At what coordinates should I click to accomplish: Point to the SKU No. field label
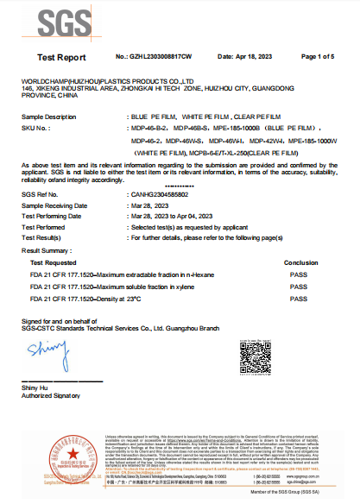(35, 126)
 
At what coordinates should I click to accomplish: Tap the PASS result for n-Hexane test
(299, 274)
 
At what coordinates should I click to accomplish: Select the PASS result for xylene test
(299, 287)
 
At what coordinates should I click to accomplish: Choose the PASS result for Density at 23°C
(299, 299)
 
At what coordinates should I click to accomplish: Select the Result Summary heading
(44, 249)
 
